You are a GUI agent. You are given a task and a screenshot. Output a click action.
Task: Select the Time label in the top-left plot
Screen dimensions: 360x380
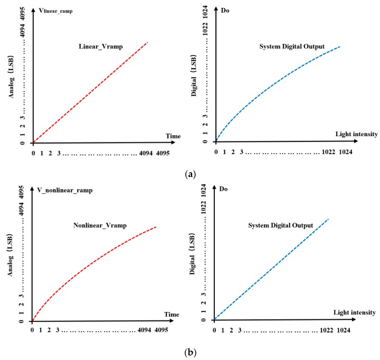coord(172,136)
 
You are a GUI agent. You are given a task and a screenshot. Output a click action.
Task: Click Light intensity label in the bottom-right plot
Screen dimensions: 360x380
coord(355,312)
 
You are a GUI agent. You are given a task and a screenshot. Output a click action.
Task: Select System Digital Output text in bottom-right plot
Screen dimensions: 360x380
coord(281,225)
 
